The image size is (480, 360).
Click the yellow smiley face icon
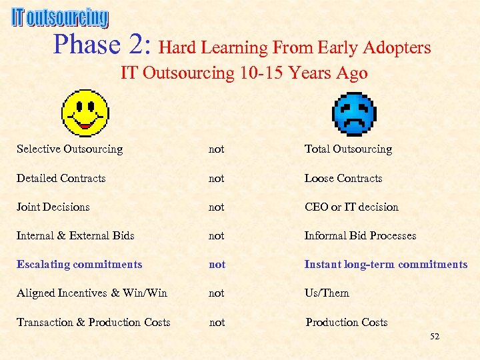pos(85,113)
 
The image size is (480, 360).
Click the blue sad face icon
pos(354,114)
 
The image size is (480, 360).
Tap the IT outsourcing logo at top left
pos(59,17)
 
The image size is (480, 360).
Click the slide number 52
pos(435,337)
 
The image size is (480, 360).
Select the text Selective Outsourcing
pos(69,149)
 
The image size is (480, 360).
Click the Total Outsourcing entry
pos(348,149)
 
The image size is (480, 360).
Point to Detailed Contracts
pos(61,178)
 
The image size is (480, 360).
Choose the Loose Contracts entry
pos(343,178)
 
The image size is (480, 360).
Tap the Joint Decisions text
pos(53,207)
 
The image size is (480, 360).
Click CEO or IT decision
pos(351,207)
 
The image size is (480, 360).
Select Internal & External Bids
pos(75,235)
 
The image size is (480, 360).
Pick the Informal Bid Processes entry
pos(360,235)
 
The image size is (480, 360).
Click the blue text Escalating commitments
pos(79,264)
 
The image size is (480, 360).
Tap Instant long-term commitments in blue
pos(386,264)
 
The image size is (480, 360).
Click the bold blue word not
pos(217,264)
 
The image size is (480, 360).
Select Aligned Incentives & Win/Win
pos(92,293)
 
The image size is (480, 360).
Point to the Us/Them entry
pos(327,293)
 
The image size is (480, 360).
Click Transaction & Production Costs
pos(93,322)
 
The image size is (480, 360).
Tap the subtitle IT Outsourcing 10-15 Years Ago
pos(244,73)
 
